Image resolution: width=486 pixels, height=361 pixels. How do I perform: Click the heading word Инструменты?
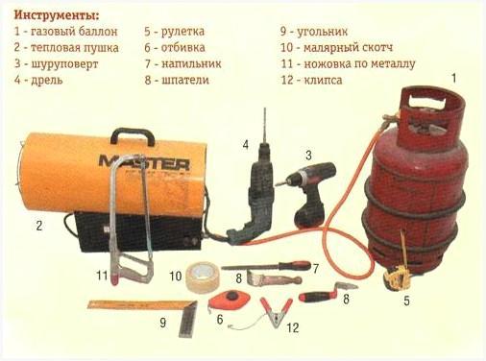57,14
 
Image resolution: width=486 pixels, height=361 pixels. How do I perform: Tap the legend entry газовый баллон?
74,32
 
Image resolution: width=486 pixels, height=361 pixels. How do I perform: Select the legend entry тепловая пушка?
75,48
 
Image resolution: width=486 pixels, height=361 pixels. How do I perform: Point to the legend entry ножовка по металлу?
359,63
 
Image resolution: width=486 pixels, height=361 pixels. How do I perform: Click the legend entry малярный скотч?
348,48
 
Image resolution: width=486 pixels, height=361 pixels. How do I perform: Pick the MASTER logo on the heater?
144,162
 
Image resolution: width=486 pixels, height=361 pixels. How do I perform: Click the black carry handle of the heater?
133,136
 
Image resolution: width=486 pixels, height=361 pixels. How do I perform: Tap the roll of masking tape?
203,277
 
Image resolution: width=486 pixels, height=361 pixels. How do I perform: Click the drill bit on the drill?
265,126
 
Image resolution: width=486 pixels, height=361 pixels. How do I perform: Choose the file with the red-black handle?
266,266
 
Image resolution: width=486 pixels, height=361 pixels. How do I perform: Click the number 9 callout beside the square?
163,323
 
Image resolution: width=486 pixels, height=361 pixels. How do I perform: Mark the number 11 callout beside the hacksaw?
102,275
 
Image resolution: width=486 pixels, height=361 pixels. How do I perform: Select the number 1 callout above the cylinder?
453,79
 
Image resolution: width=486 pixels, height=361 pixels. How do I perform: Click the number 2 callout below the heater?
39,226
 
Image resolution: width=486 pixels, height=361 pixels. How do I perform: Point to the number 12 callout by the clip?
293,327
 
